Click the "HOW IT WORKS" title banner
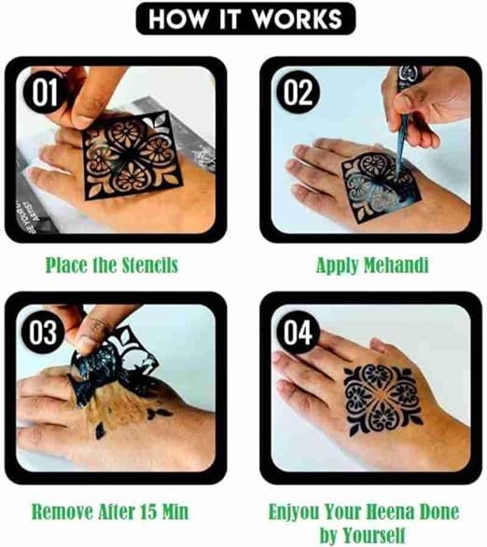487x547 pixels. [244, 20]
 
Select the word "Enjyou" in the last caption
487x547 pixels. [299, 512]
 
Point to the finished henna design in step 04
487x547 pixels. [379, 401]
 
